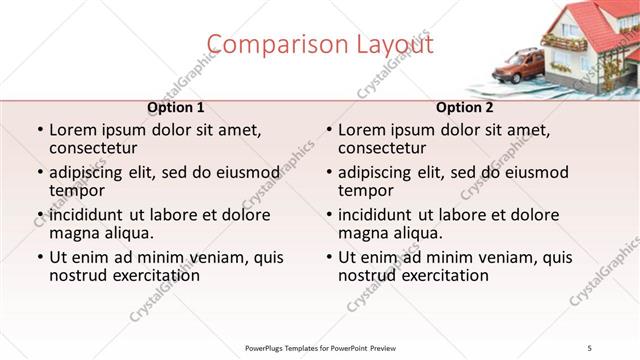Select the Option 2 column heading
(465, 107)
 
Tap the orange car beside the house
(518, 67)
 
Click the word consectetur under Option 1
(95, 148)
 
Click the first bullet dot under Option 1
(39, 131)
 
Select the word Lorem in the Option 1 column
(72, 130)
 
